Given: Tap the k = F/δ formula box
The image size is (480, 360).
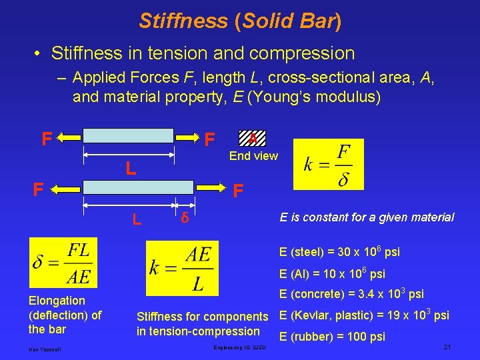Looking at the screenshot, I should (x=329, y=165).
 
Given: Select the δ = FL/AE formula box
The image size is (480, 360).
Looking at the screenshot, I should (x=63, y=264).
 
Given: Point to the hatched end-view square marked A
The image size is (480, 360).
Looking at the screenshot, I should (x=252, y=137).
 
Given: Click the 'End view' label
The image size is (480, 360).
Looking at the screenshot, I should (x=253, y=156).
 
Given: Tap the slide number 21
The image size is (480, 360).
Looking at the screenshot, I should (x=447, y=347).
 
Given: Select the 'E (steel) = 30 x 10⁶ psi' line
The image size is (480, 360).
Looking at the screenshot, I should (x=340, y=251).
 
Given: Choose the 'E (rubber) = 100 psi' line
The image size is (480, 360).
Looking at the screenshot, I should (x=332, y=337).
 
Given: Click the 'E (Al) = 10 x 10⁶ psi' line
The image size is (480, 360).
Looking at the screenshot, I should (x=332, y=273).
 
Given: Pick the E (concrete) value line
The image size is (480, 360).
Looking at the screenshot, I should (x=351, y=294).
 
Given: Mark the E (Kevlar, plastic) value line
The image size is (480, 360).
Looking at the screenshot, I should (x=363, y=315).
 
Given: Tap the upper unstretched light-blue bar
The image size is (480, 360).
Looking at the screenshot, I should (x=127, y=136).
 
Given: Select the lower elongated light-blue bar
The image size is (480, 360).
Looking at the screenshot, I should (x=139, y=187).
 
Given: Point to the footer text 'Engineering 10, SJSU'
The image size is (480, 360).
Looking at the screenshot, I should (x=240, y=348).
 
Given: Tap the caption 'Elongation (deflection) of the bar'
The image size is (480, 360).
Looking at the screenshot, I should (x=65, y=315).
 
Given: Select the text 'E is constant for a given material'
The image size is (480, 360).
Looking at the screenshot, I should (x=367, y=217).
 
